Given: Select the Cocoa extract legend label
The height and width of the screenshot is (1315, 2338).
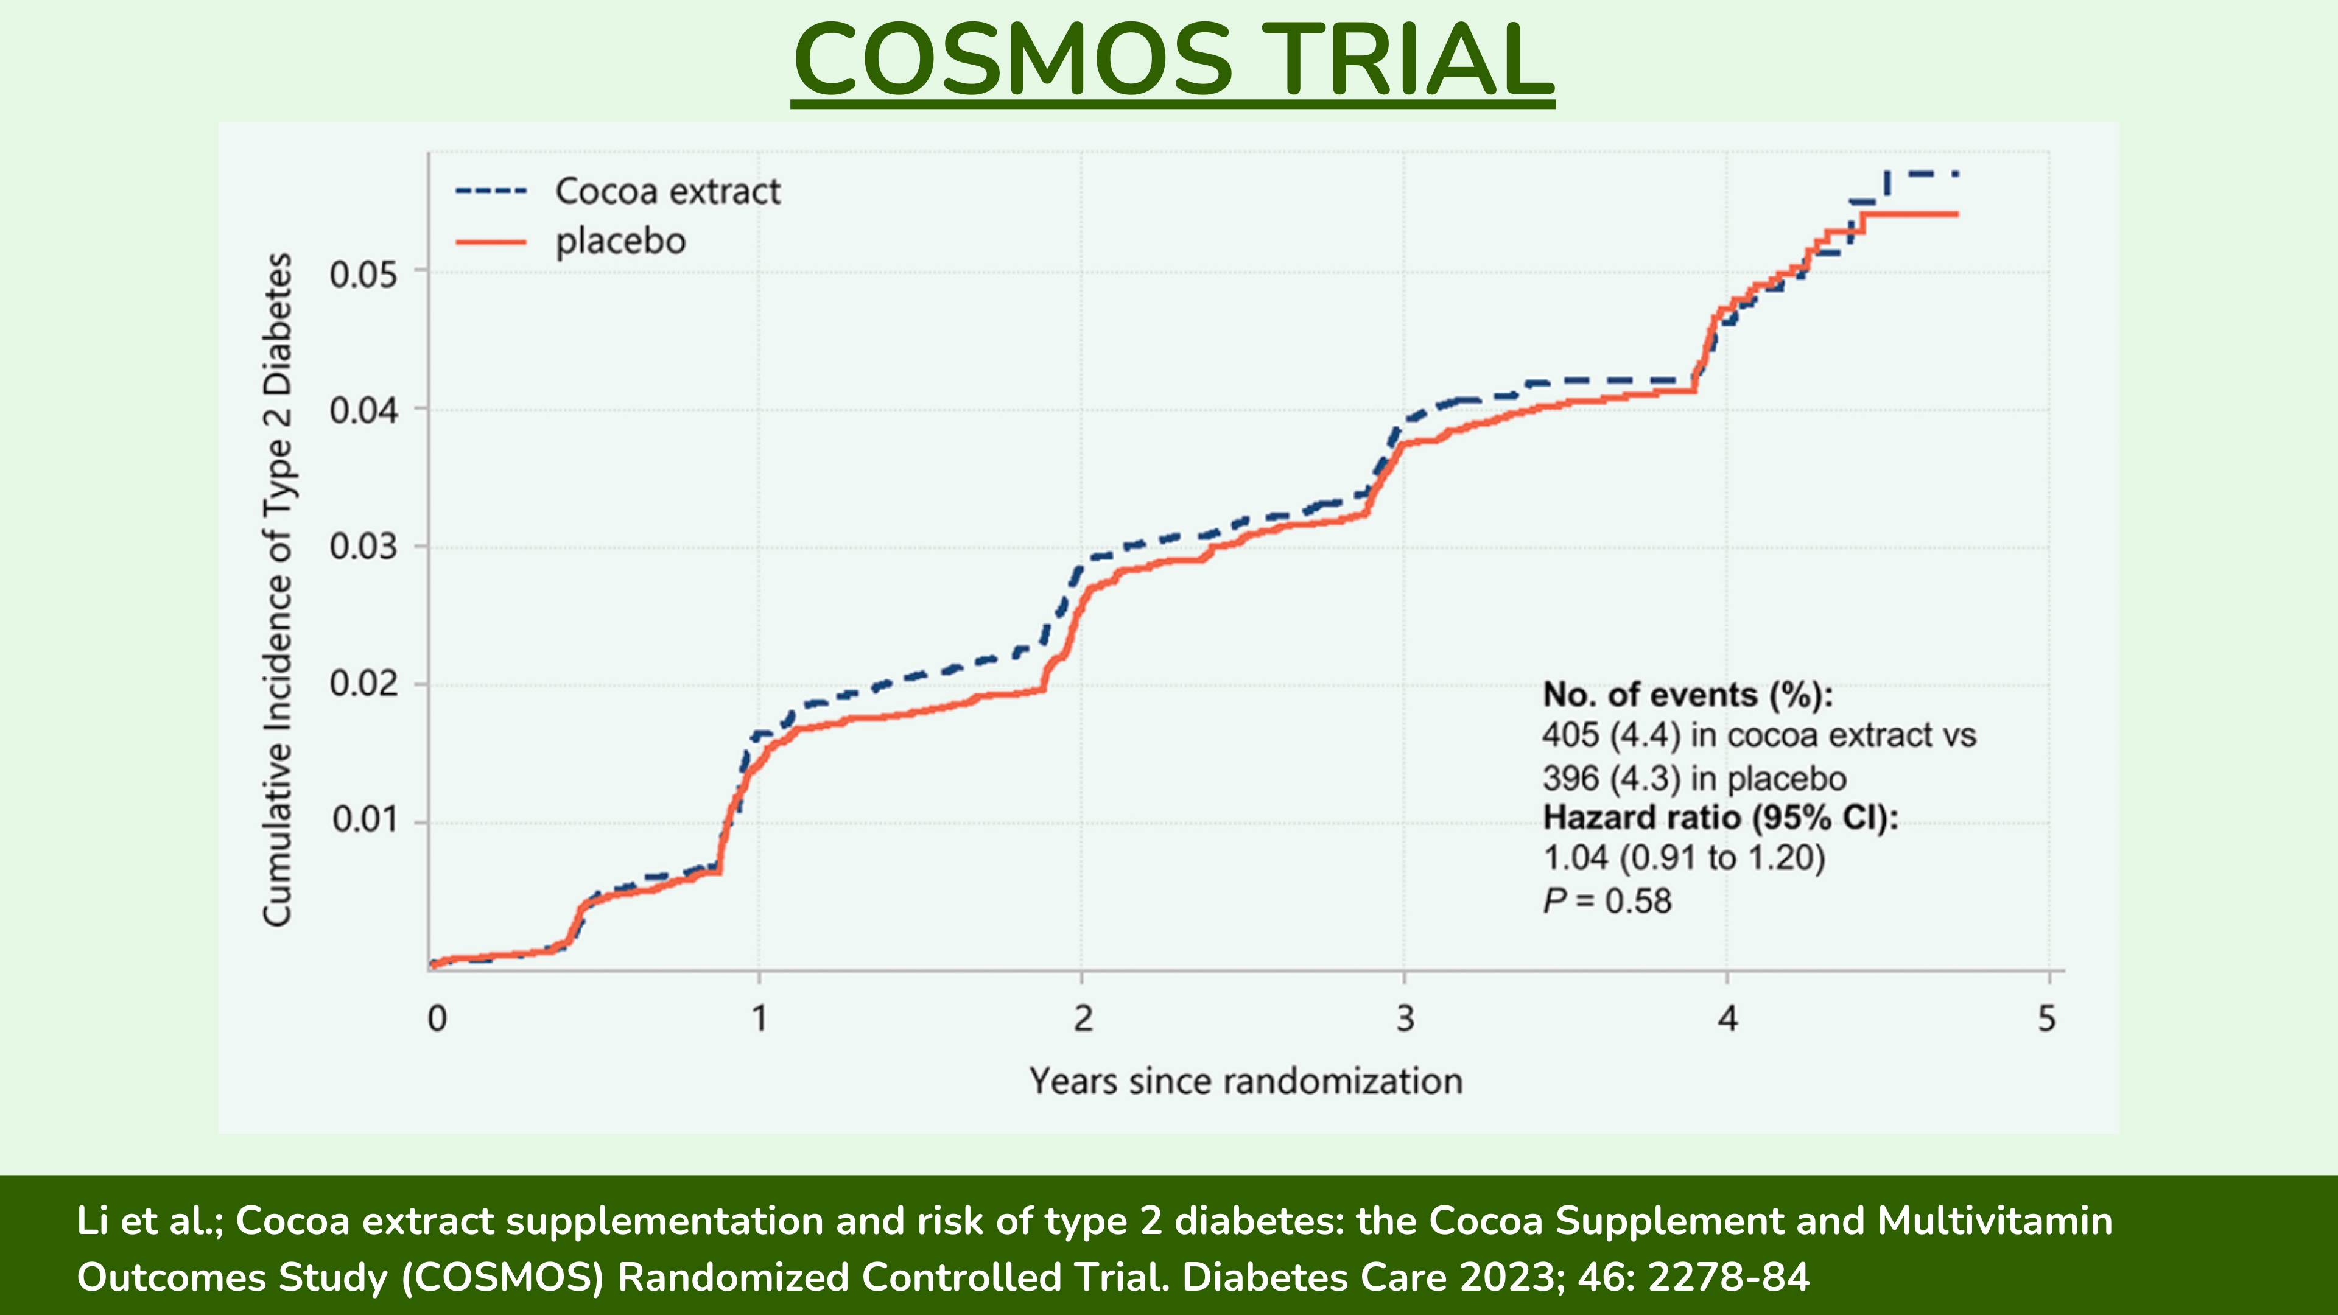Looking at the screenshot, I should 667,192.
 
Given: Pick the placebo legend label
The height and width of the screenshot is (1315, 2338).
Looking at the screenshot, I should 621,242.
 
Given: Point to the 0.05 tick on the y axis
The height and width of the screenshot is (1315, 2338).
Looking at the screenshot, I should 363,274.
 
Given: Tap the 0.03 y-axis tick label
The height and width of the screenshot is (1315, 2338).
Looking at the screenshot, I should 363,547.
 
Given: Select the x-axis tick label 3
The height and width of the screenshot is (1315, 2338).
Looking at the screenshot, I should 1405,1019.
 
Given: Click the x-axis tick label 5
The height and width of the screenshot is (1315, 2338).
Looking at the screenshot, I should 2046,1019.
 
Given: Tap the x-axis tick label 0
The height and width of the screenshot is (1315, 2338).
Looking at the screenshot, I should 438,1019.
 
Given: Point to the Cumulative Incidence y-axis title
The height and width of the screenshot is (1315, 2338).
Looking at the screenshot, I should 277,590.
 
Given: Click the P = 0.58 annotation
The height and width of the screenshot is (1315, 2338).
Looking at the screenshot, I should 1607,901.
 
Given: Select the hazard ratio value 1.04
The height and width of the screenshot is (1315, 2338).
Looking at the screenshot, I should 1574,858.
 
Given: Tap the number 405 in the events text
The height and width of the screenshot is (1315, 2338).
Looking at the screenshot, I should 1570,735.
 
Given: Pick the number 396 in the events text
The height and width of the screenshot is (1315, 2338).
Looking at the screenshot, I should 1570,779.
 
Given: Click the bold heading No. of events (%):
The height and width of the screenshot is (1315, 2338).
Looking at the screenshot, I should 1687,695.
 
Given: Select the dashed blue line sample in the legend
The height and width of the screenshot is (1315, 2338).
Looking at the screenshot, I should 490,192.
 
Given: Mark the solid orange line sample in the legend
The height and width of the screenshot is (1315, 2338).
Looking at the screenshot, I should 490,242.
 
